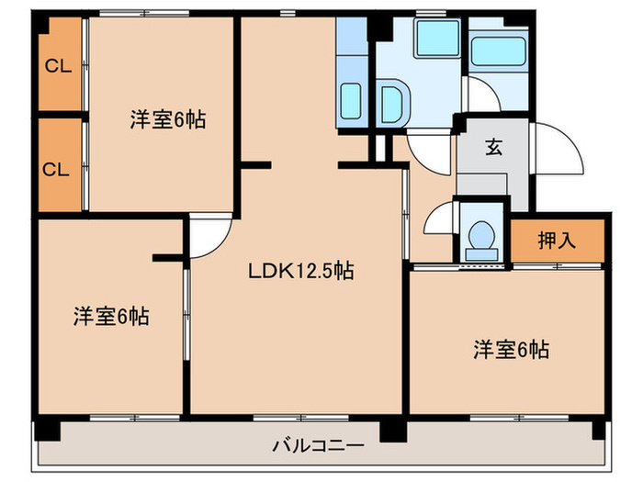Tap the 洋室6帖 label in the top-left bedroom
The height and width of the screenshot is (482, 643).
tap(166, 119)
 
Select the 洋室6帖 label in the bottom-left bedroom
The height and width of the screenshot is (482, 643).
tap(111, 317)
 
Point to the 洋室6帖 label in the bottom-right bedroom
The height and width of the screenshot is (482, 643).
tap(511, 349)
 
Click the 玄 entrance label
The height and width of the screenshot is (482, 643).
tap(493, 147)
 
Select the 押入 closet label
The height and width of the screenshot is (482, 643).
tap(557, 241)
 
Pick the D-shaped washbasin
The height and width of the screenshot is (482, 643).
tap(391, 102)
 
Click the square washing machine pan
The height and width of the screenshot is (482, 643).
tap(436, 39)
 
